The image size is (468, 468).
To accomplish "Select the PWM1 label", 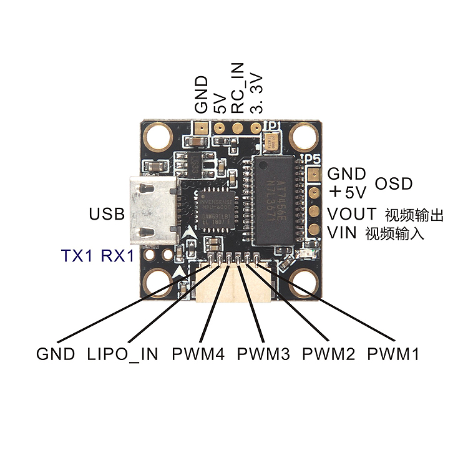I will [x=392, y=354].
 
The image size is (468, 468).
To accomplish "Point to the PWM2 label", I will [x=328, y=354].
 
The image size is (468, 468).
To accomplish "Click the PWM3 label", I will [x=263, y=354].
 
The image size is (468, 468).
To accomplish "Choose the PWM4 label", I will [x=198, y=354].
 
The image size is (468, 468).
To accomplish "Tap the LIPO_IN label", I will [x=124, y=354].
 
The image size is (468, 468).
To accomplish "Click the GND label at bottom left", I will [x=56, y=354].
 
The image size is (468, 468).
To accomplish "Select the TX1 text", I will [x=78, y=255].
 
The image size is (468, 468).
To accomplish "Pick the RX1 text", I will [x=117, y=255].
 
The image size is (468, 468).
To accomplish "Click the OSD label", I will [x=394, y=183].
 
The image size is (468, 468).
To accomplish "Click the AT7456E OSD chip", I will [x=278, y=197].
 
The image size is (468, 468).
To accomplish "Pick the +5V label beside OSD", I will [x=348, y=190].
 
